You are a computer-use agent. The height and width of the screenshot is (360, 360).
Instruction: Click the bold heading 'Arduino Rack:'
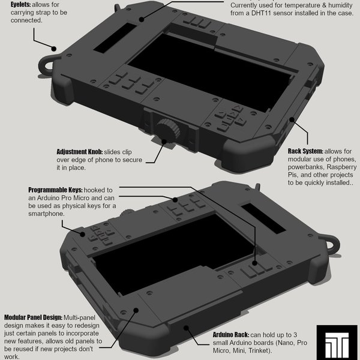(233, 334)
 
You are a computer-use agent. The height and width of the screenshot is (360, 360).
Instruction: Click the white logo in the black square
(337, 342)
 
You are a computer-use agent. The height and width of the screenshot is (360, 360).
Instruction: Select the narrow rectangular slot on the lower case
(262, 218)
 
